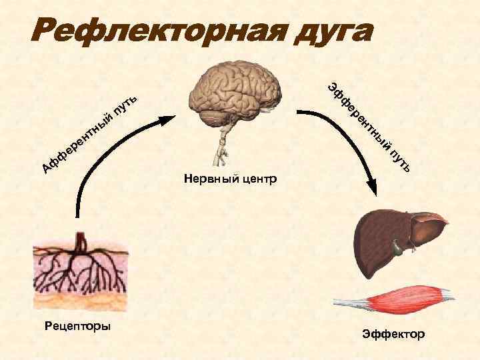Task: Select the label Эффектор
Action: (x=393, y=333)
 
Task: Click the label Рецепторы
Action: (x=79, y=326)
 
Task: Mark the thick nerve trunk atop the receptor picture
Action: (x=80, y=240)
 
